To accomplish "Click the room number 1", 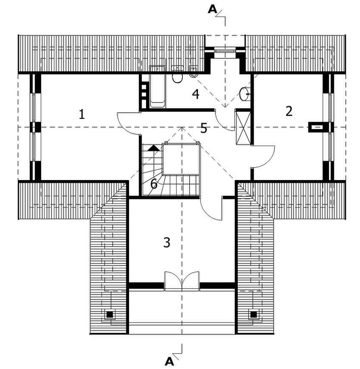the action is coord(82,114).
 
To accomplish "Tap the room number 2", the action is coord(289,111).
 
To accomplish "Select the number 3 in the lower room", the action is coord(166,242).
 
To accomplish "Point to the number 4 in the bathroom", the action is coord(196,94).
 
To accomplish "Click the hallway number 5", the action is coord(204,128).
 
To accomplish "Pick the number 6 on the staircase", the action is coord(154,184).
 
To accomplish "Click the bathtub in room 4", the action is coord(157,87).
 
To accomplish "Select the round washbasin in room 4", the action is coord(245,94).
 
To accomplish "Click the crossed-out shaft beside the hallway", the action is coord(243,127).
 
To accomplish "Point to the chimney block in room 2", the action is coord(317,127).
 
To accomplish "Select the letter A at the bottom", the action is coord(169,361).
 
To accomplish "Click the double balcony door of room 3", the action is coord(182,281).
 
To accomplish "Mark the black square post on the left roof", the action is coord(110,314).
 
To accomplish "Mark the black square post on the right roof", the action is coord(253,314).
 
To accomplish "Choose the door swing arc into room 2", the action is coord(264,156).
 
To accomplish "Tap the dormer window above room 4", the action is coord(225,50).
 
